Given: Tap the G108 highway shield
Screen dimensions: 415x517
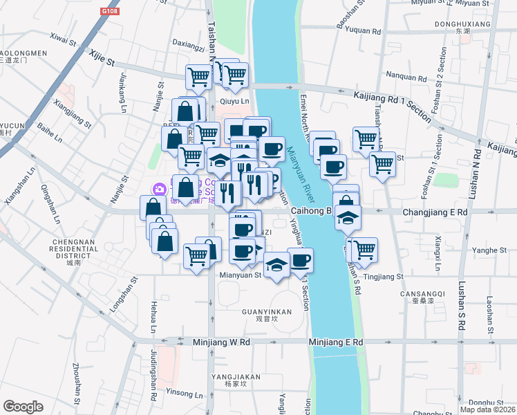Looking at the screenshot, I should (x=109, y=12).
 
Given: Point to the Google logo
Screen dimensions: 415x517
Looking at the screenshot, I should (x=23, y=407).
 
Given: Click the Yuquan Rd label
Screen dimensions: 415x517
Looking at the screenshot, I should (x=364, y=31).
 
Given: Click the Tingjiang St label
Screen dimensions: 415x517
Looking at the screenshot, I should (x=383, y=277).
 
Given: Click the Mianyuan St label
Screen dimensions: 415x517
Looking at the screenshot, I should (x=240, y=275).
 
